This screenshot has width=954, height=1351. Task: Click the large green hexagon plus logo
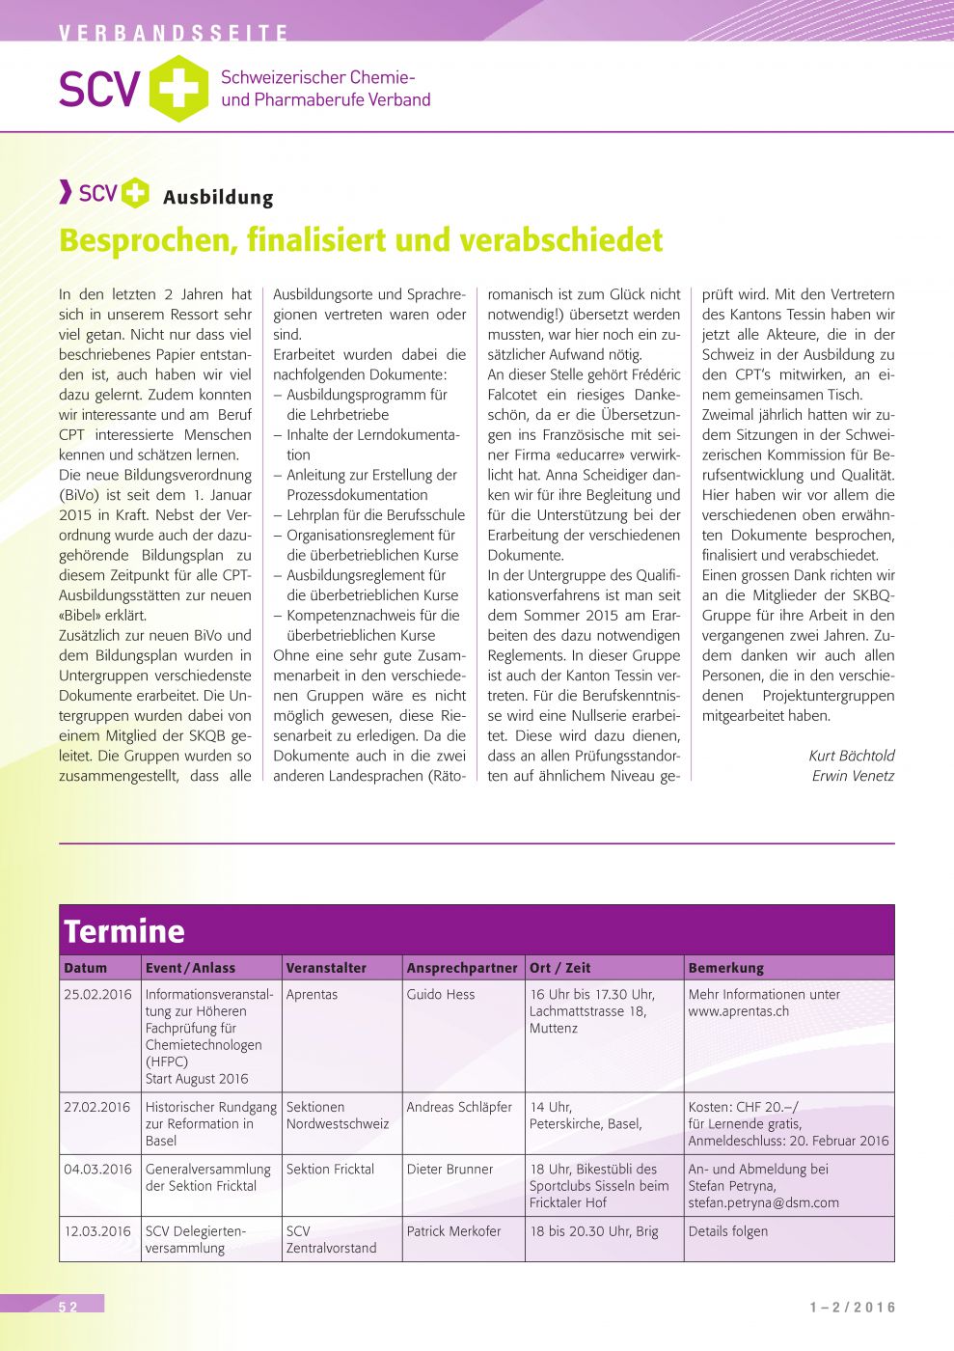pyautogui.click(x=178, y=89)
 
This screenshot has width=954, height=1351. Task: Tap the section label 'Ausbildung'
pyautogui.click(x=218, y=198)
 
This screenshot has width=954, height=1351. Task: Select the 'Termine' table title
pyautogui.click(x=124, y=931)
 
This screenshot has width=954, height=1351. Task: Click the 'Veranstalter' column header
pyautogui.click(x=326, y=968)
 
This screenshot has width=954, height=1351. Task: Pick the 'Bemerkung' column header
pyautogui.click(x=725, y=968)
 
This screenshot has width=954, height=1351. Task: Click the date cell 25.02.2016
pyautogui.click(x=97, y=995)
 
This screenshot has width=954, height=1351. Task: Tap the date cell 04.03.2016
pyautogui.click(x=97, y=1170)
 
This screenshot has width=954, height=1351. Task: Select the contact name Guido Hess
pyautogui.click(x=441, y=995)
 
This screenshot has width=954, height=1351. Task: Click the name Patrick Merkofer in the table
pyautogui.click(x=453, y=1231)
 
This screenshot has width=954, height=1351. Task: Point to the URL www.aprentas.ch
pyautogui.click(x=739, y=1011)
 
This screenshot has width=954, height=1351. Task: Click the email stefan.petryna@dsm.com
pyautogui.click(x=763, y=1203)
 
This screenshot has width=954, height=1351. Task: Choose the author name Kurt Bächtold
pyautogui.click(x=852, y=756)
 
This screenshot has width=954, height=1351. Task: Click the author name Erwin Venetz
pyautogui.click(x=853, y=776)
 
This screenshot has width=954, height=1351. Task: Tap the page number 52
pyautogui.click(x=68, y=1307)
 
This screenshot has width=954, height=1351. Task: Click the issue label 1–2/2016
pyautogui.click(x=853, y=1308)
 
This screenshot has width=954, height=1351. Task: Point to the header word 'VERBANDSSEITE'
pyautogui.click(x=174, y=34)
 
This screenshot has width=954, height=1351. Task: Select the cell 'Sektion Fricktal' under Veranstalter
pyautogui.click(x=330, y=1170)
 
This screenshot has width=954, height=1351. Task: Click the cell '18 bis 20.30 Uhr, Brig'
pyautogui.click(x=594, y=1231)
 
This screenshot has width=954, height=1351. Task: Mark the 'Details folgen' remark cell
pyautogui.click(x=728, y=1231)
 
